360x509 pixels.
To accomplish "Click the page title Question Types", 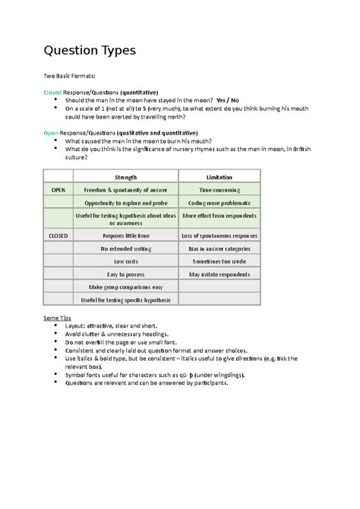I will [x=90, y=51].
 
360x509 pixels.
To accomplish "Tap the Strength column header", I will [x=126, y=176].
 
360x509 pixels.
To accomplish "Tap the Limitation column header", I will [x=219, y=176].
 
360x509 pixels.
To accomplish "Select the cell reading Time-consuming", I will [x=219, y=189].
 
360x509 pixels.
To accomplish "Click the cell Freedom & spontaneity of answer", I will [x=126, y=189].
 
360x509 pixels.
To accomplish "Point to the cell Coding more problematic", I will [x=219, y=203].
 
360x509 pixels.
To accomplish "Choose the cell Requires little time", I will [x=126, y=236].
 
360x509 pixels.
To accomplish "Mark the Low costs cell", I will [x=126, y=261].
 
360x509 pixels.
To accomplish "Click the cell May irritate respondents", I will [x=219, y=273].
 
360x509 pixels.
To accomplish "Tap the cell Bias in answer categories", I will [x=219, y=248].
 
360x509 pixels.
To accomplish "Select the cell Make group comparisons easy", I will [x=126, y=287].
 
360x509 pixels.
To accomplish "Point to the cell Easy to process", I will [x=126, y=273].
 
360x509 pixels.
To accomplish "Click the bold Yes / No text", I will [x=227, y=100].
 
